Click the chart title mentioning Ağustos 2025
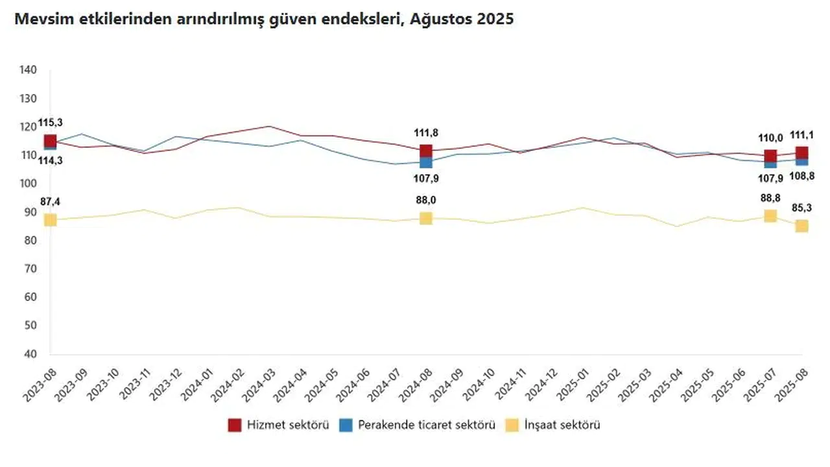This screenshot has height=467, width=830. coord(263,19)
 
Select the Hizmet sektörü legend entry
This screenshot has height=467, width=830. coord(279,425)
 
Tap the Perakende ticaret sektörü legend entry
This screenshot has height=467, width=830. coord(419,425)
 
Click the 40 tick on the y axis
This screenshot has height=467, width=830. coord(30,354)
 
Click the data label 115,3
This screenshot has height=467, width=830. coord(50,123)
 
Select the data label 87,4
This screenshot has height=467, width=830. coord(50,202)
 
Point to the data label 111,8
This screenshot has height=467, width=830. coord(425,133)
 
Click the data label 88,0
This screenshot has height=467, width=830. coord(425,200)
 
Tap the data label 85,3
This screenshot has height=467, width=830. coord(801,208)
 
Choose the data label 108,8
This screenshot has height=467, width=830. coord(801,176)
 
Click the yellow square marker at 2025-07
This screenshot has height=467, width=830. coord(770,216)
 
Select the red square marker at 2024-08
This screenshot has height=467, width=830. coord(425,151)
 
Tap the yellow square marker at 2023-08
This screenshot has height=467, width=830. coord(50,221)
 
